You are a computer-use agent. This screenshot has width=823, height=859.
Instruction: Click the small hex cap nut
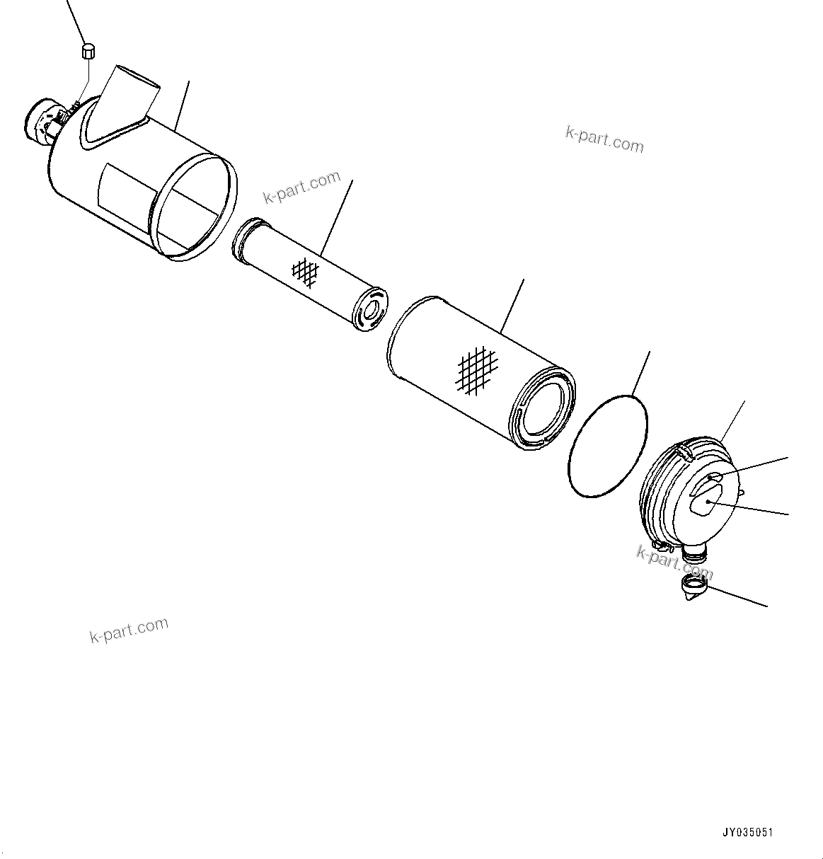coord(89,51)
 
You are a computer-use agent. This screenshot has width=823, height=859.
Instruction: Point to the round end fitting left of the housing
coord(40,123)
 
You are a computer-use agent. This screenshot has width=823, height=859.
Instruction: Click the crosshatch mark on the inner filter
coord(305,272)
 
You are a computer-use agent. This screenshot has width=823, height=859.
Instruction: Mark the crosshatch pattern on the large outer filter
coord(478,370)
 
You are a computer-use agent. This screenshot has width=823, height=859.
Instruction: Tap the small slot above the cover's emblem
coord(714,477)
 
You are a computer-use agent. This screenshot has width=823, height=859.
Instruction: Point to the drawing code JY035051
coord(748,833)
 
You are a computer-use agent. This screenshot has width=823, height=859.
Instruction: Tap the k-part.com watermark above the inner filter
coord(302,188)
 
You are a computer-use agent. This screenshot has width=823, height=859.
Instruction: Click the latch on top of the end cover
coord(684,452)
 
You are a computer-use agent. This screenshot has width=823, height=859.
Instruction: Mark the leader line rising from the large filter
coord(512,306)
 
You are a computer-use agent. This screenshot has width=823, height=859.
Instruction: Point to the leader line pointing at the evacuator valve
coord(737,596)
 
